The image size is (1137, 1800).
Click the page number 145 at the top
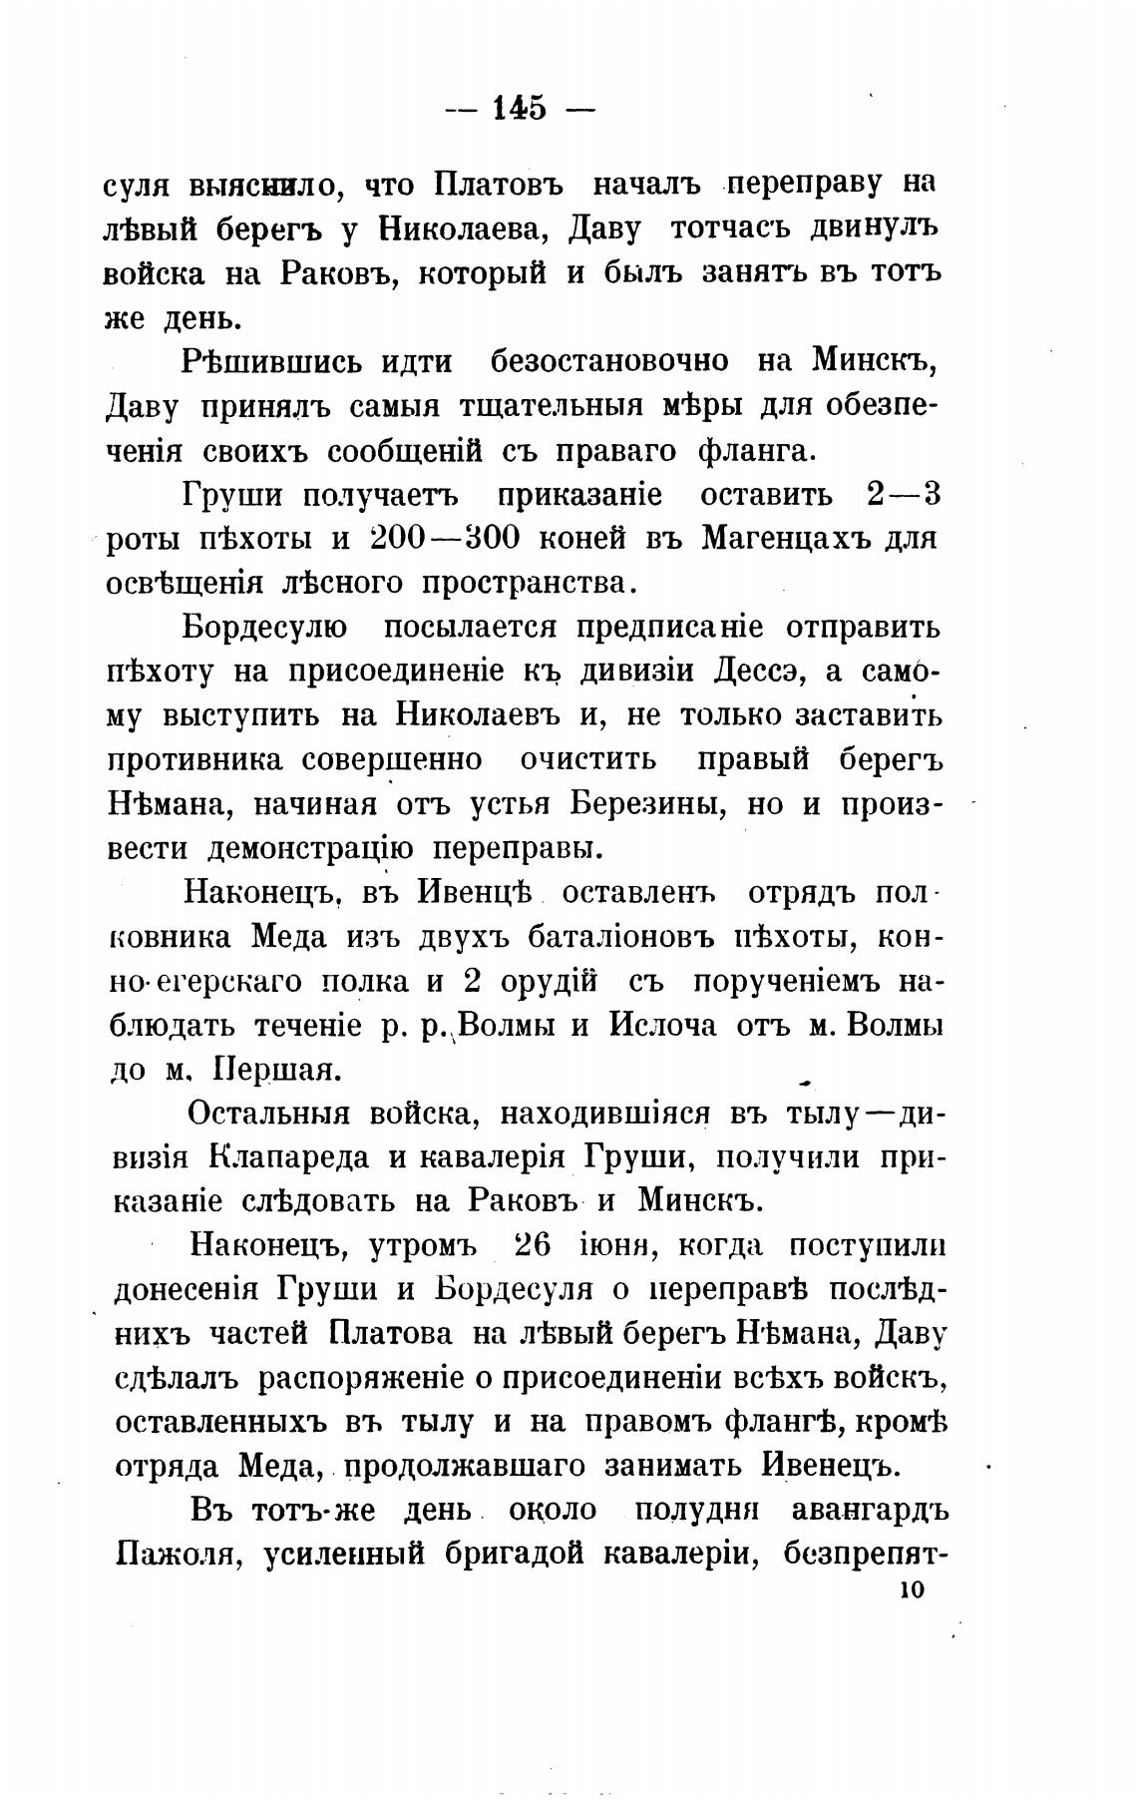520,108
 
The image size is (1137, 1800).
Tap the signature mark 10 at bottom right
912,1590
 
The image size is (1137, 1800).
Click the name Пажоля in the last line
179,1555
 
